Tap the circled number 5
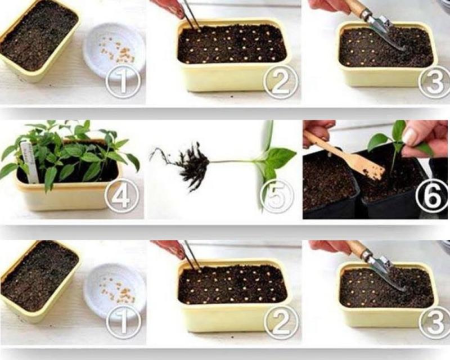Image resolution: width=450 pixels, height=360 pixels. pos(277,196)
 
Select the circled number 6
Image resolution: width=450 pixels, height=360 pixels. pos(431,195)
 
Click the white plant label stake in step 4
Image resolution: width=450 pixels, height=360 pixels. pos(30,162)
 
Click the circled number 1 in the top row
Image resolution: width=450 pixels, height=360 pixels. pos(123,80)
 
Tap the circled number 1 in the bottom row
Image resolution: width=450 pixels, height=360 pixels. pos(123,321)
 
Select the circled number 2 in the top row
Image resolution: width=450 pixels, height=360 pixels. pos(280,81)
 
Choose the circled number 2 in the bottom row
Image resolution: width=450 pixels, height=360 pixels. pos(281,321)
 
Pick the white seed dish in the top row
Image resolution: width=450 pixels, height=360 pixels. pos(115,52)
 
